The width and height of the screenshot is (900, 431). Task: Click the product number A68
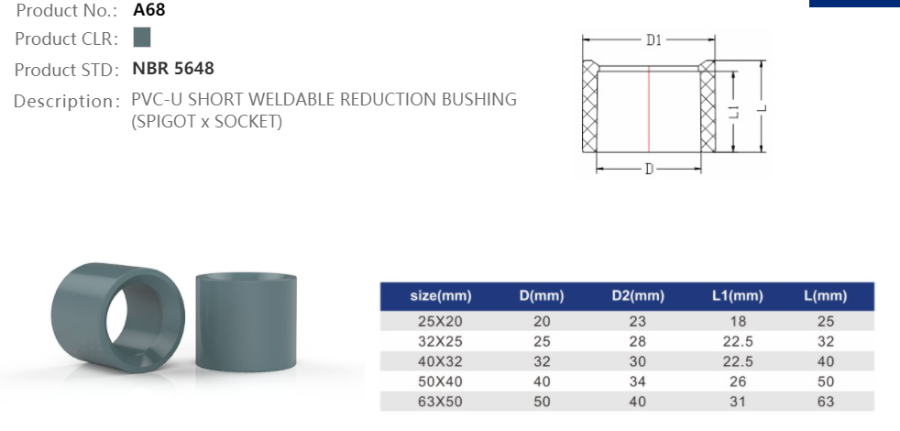149,11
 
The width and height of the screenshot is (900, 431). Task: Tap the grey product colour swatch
141,39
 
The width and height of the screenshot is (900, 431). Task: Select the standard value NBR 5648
173,69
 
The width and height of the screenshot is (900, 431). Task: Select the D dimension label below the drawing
649,170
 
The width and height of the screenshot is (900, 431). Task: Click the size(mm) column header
440,296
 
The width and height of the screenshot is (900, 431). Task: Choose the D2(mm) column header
637,296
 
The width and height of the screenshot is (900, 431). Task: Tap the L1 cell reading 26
738,381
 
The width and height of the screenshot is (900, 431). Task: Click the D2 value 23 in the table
637,321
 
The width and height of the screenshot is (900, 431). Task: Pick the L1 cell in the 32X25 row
738,341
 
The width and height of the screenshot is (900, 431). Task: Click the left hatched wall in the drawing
589,110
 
